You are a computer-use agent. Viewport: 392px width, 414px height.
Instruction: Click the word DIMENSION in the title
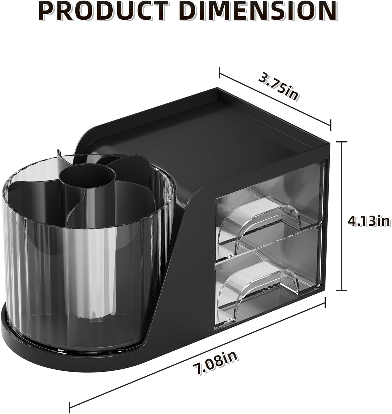pyautogui.click(x=259, y=11)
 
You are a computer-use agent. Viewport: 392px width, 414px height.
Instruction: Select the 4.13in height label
pyautogui.click(x=369, y=221)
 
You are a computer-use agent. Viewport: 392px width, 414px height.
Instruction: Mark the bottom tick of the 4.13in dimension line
pyautogui.click(x=342, y=290)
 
